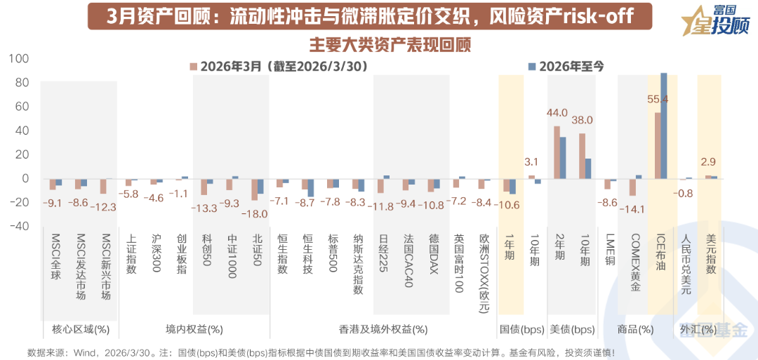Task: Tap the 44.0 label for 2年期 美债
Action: [557, 112]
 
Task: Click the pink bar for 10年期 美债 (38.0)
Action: [582, 155]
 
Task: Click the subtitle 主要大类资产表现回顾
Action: [390, 44]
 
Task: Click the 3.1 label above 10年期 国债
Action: [531, 163]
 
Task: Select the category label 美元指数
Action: [710, 254]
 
